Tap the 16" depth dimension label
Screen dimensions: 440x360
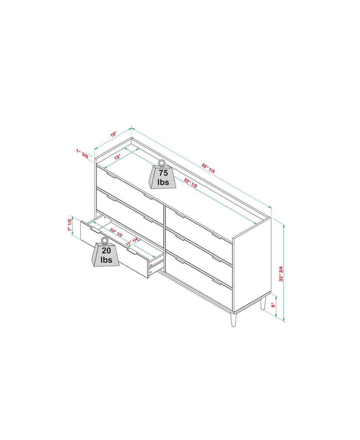pyautogui.click(x=113, y=135)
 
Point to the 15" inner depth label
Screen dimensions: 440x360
pyautogui.click(x=118, y=157)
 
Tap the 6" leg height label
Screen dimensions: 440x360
pyautogui.click(x=273, y=306)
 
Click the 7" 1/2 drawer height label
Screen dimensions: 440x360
pyautogui.click(x=70, y=225)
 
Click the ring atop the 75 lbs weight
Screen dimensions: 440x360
pyautogui.click(x=162, y=163)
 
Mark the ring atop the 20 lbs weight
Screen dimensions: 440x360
pyautogui.click(x=104, y=241)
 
